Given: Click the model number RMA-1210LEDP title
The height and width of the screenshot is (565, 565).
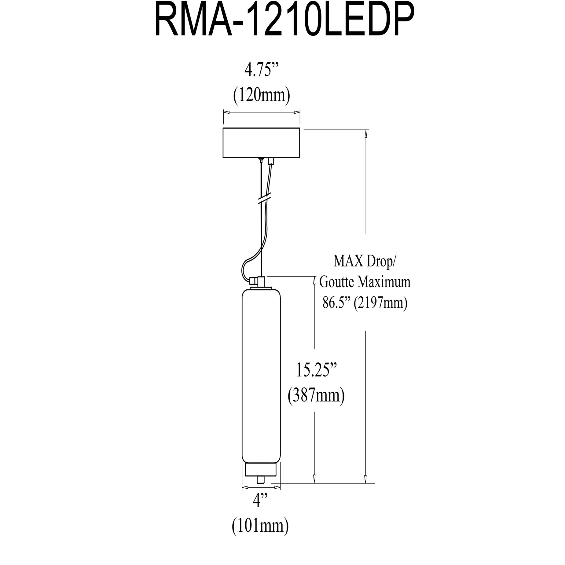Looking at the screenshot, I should click(282, 23).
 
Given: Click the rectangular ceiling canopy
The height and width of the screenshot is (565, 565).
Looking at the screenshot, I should click(261, 143).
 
